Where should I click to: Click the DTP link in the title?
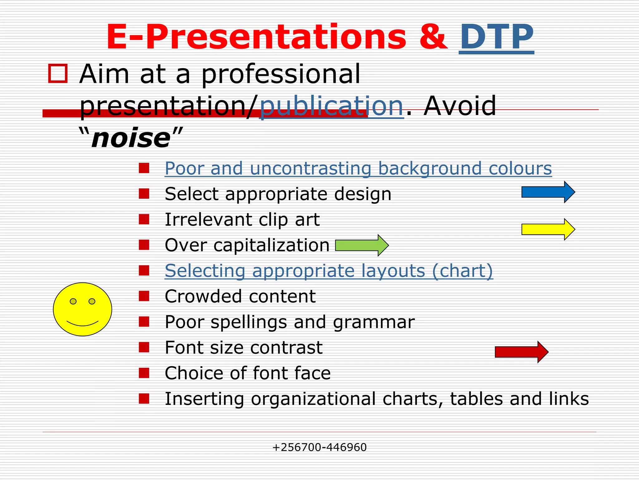(496, 37)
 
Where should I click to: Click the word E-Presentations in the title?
(256, 37)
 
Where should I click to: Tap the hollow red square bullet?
(58, 74)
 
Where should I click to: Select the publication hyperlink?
(331, 106)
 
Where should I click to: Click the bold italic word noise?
(131, 138)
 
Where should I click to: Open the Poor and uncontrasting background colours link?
(358, 169)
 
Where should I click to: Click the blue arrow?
(548, 192)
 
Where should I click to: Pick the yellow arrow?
(548, 229)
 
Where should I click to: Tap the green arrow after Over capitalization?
(362, 245)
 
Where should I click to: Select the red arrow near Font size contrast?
(521, 352)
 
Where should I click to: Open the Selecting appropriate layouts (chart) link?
(329, 271)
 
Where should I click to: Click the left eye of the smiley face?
(73, 301)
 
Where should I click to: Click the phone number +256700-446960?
(319, 447)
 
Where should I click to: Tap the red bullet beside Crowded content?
(144, 296)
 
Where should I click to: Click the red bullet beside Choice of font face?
(144, 373)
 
